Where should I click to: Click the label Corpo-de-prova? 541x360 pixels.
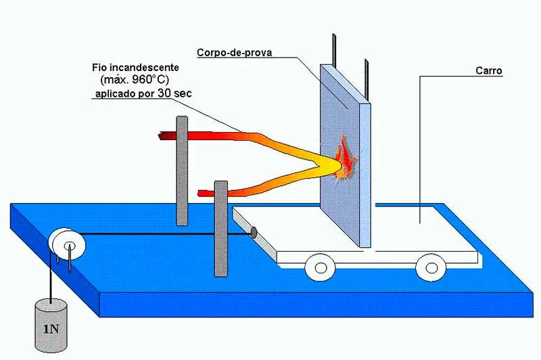click(x=235, y=52)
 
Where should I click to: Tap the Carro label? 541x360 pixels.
click(x=488, y=70)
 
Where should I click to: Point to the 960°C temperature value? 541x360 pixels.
click(x=153, y=81)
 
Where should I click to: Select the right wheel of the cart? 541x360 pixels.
click(x=429, y=266)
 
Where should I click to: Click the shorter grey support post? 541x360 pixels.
click(x=220, y=228)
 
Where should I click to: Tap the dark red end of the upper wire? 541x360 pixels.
click(x=162, y=137)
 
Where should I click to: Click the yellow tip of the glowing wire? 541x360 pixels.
click(x=331, y=164)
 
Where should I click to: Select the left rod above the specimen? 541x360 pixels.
click(x=333, y=49)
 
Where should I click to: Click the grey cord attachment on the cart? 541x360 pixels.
click(x=253, y=233)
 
